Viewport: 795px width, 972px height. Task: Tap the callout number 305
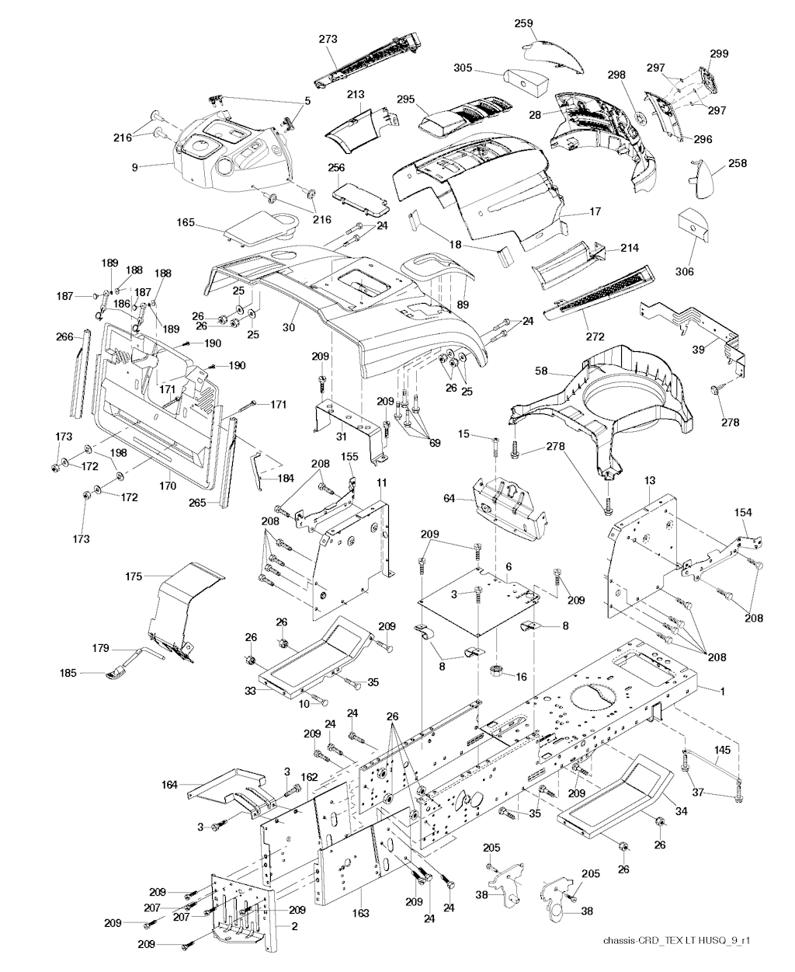[x=464, y=68]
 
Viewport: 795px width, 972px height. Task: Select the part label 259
[x=524, y=24]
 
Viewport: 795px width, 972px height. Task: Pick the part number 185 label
[x=68, y=673]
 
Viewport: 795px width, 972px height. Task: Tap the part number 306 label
[x=684, y=271]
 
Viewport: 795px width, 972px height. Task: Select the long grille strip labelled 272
[x=598, y=295]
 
